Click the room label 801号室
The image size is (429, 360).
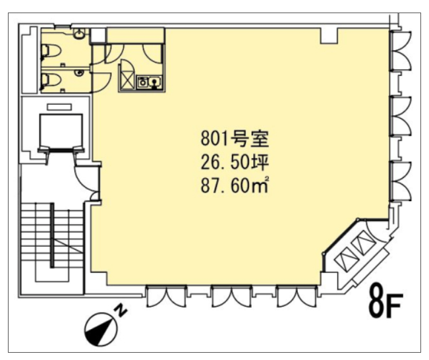[x=235, y=139]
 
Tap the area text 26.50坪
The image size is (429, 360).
[x=235, y=163]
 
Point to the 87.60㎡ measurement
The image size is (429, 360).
[x=234, y=186]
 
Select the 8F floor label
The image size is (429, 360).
[x=386, y=302]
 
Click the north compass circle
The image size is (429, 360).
[x=101, y=330]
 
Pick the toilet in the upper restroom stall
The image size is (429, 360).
[x=51, y=51]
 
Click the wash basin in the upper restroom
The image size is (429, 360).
[x=79, y=34]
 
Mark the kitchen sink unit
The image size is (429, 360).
[x=150, y=82]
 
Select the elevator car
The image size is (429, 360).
[x=61, y=131]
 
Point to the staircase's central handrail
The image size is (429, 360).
[x=52, y=235]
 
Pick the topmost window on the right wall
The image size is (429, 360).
[x=401, y=51]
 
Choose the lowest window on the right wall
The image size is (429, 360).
[x=401, y=181]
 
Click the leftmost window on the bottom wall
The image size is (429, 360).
[x=166, y=297]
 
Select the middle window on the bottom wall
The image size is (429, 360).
[x=231, y=297]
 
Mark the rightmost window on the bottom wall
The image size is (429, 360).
[x=297, y=297]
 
